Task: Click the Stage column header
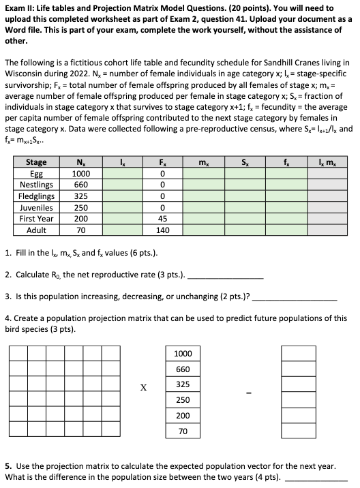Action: coord(36,162)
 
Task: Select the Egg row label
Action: coord(36,173)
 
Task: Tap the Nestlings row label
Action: coord(36,184)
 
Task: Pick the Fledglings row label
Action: coord(36,196)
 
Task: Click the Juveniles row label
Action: coord(36,207)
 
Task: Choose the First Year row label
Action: coord(36,219)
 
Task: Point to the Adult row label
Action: coord(36,230)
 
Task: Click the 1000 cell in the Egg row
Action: coord(80,173)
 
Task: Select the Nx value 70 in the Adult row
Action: coord(80,230)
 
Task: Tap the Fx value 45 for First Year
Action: coord(162,219)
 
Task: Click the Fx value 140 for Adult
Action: coord(162,230)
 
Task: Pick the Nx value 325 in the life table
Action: coord(80,196)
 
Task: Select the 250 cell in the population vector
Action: coord(183,400)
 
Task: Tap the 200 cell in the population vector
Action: coord(183,416)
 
